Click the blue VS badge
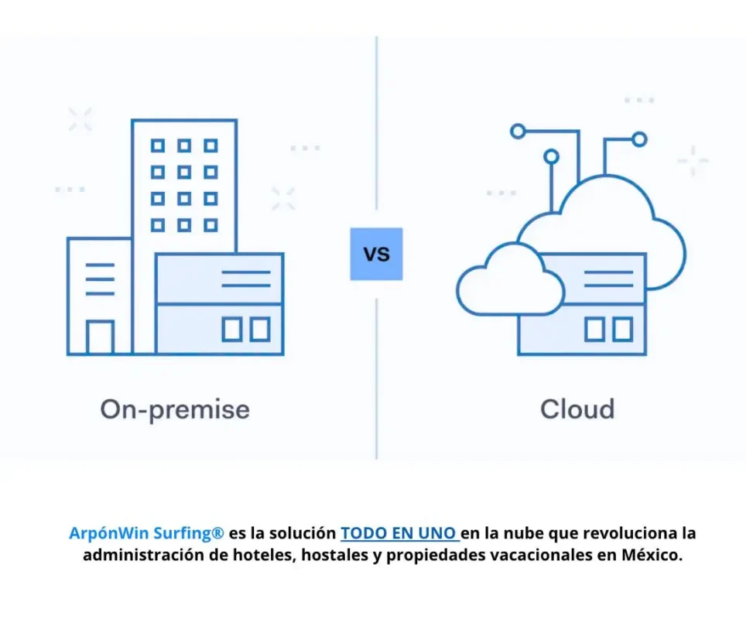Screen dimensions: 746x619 pyautogui.click(x=376, y=254)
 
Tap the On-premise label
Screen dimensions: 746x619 pyautogui.click(x=175, y=409)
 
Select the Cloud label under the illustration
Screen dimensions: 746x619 pyautogui.click(x=577, y=409)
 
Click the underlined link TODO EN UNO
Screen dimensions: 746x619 pyautogui.click(x=399, y=533)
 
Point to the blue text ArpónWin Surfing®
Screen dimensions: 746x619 pyautogui.click(x=146, y=533)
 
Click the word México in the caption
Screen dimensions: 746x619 pyautogui.click(x=652, y=555)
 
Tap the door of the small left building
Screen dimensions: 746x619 pyautogui.click(x=100, y=338)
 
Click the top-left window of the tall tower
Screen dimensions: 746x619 pyautogui.click(x=158, y=145)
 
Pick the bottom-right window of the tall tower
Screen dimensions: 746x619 pyautogui.click(x=210, y=225)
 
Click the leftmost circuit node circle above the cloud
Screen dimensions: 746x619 pyautogui.click(x=518, y=131)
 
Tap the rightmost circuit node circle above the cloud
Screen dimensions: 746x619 pyautogui.click(x=639, y=139)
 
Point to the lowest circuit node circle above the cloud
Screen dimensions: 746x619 pyautogui.click(x=552, y=156)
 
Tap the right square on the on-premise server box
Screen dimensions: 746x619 pyautogui.click(x=260, y=330)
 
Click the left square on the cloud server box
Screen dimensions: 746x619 pyautogui.click(x=594, y=330)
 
